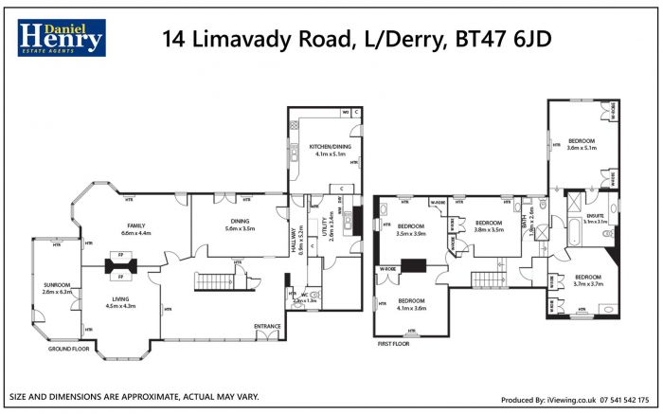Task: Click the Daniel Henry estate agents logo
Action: tap(61, 39)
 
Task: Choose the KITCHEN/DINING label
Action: tap(323, 146)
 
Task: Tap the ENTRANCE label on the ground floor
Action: tap(267, 326)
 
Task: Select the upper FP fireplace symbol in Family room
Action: tap(121, 256)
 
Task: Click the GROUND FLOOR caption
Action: tap(68, 350)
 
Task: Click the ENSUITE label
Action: tap(596, 217)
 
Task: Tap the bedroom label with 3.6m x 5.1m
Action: tap(581, 141)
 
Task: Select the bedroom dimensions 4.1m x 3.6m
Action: tap(411, 308)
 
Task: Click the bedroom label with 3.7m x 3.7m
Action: tap(588, 277)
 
